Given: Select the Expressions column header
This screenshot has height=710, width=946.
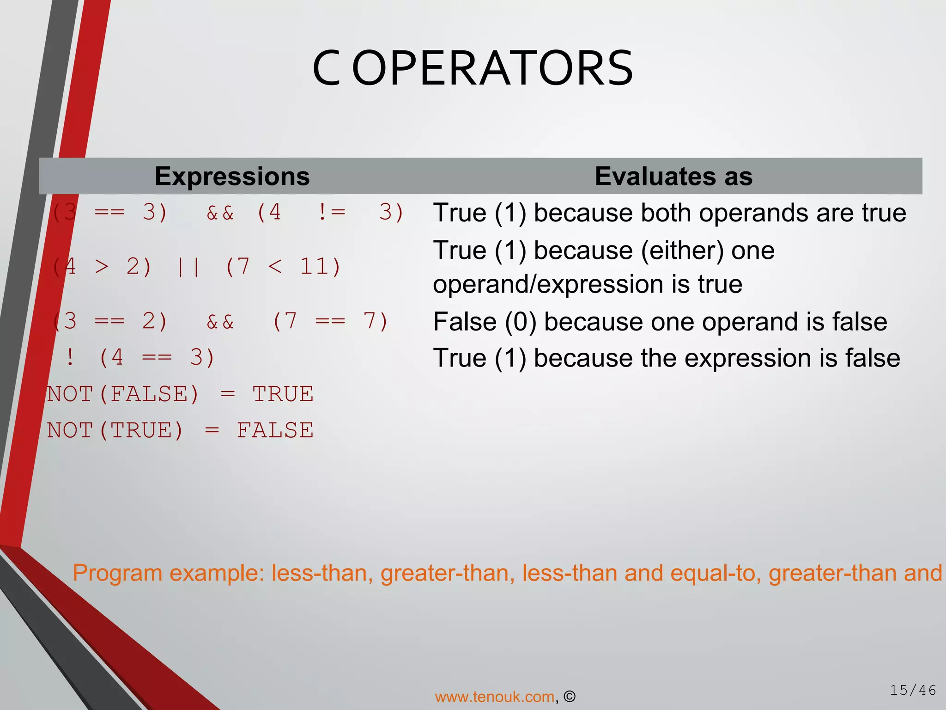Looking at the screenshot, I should [x=232, y=176].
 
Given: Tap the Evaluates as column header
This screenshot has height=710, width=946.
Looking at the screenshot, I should [x=673, y=176].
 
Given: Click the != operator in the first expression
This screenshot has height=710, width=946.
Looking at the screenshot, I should [x=331, y=212].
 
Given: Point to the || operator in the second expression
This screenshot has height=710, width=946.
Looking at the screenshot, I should [x=188, y=267].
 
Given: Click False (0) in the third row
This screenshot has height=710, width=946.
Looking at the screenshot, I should [x=485, y=322].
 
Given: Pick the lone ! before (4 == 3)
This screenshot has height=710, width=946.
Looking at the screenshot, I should [x=70, y=357].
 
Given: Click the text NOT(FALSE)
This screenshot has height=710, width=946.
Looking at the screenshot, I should [x=123, y=394].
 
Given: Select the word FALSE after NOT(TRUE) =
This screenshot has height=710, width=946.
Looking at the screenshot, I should [x=275, y=430].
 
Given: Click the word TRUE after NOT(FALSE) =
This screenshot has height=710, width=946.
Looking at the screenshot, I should [x=283, y=394].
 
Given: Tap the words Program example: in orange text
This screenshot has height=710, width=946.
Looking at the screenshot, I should [x=168, y=573].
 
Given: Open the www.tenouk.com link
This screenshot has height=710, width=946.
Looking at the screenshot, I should [x=494, y=697].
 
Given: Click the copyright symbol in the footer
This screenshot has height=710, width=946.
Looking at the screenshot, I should [x=570, y=697].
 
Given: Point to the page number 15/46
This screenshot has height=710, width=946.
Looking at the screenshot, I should [x=913, y=691].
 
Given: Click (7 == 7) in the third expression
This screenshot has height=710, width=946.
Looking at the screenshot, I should [x=330, y=321].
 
